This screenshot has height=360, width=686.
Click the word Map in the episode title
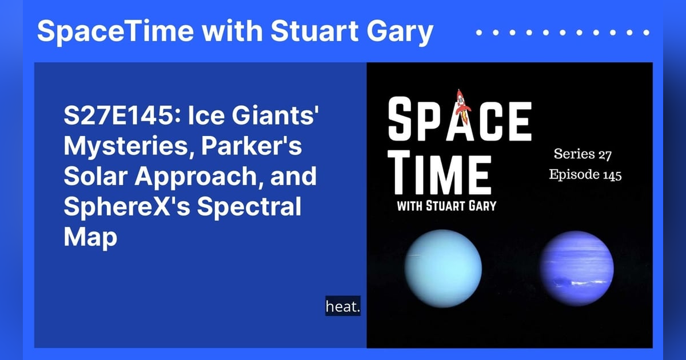(90, 235)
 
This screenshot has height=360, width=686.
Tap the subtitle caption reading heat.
(343, 307)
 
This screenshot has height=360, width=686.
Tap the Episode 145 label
(585, 175)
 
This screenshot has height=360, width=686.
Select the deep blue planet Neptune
(577, 269)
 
